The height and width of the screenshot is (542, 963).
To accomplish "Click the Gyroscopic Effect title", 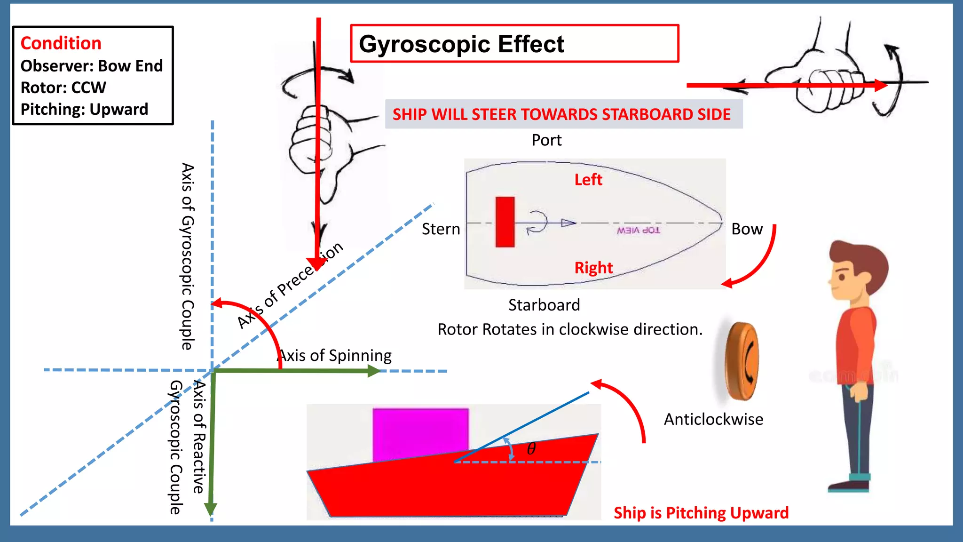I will [461, 44].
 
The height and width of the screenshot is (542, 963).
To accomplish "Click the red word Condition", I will [61, 43].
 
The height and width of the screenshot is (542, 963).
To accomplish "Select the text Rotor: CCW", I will [63, 88].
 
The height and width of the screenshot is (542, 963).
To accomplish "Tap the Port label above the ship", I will [546, 140].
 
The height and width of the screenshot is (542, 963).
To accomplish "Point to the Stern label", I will [441, 229].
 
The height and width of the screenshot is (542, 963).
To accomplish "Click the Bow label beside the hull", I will [747, 229].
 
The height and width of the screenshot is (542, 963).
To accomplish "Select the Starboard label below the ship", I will [544, 305].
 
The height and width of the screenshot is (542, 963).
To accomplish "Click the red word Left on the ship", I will [588, 180].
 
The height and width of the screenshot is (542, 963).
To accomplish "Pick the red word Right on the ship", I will [593, 268].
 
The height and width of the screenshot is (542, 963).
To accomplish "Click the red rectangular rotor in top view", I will [505, 222].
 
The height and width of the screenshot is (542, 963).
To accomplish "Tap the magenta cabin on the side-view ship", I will [420, 433].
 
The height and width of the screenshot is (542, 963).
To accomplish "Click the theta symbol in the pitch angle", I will [531, 449].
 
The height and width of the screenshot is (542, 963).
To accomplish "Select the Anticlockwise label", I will [713, 419].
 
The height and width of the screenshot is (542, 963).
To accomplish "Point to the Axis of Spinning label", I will [335, 355].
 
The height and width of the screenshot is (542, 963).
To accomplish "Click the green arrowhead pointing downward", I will [211, 509].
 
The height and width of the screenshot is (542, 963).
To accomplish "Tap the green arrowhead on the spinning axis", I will [373, 371].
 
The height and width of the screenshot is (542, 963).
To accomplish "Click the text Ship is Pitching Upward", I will [701, 513].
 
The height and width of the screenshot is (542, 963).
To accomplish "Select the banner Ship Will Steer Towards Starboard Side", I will [561, 114].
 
